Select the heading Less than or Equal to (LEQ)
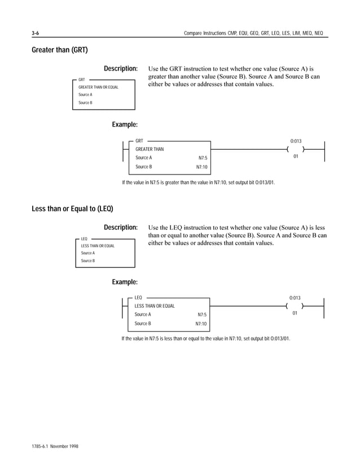click(x=72, y=209)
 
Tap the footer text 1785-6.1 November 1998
click(x=55, y=446)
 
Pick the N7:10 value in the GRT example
click(x=201, y=167)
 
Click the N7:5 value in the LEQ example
click(x=202, y=315)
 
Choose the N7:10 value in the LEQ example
click(x=201, y=324)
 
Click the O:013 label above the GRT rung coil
click(x=296, y=140)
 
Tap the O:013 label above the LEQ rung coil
click(x=295, y=297)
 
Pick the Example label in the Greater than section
click(x=125, y=124)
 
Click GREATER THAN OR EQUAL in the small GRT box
click(x=98, y=87)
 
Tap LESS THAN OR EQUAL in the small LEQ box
click(x=98, y=246)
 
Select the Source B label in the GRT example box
click(x=143, y=167)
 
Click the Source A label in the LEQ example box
click(x=143, y=314)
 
